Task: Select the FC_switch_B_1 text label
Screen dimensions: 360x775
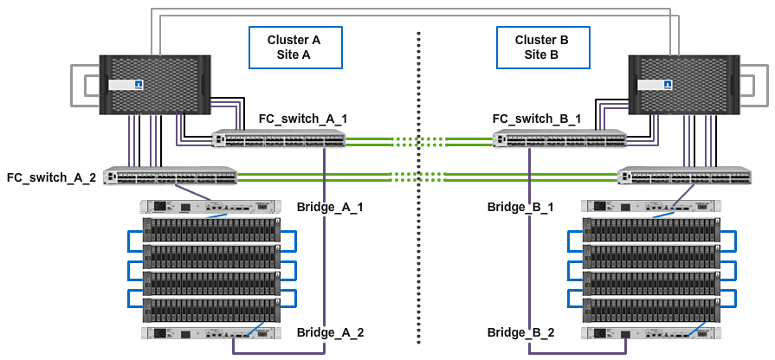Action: pos(537,118)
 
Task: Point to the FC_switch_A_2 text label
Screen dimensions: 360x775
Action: pos(50,177)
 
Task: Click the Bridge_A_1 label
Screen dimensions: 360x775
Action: pos(330,208)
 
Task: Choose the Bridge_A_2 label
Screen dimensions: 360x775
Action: pos(330,332)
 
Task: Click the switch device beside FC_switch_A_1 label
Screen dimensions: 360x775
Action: pos(279,138)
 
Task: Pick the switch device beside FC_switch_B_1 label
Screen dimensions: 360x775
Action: pos(559,138)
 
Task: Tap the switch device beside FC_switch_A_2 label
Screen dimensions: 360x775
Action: pos(170,177)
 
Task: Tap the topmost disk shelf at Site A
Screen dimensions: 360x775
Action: pos(210,230)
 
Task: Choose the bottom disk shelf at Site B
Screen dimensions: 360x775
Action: pos(651,309)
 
